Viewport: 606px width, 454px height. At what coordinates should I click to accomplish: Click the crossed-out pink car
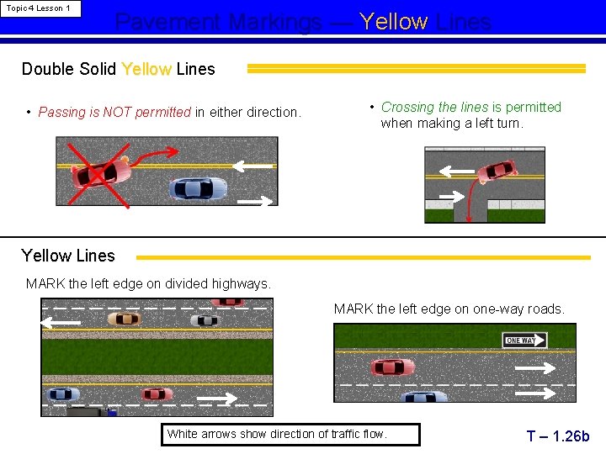[101, 170]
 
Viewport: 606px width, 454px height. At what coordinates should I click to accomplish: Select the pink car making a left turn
[496, 171]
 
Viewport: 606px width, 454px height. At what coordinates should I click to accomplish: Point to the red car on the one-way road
[392, 367]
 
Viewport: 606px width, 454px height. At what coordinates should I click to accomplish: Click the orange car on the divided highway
[124, 319]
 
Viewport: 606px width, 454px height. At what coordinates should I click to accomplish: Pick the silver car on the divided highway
[204, 320]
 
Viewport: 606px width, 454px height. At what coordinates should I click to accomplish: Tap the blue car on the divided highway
[64, 393]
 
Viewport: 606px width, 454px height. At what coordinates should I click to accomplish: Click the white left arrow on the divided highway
[61, 322]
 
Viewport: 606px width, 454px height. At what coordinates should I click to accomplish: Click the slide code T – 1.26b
[558, 436]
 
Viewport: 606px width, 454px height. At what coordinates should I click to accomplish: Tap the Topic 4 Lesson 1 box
[40, 8]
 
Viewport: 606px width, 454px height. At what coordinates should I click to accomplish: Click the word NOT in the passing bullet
[117, 112]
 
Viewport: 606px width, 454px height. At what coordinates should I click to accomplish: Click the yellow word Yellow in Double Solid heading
[146, 69]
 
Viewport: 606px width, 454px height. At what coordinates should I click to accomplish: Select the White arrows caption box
[290, 435]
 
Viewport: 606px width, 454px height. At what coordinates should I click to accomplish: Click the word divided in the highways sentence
[189, 283]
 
